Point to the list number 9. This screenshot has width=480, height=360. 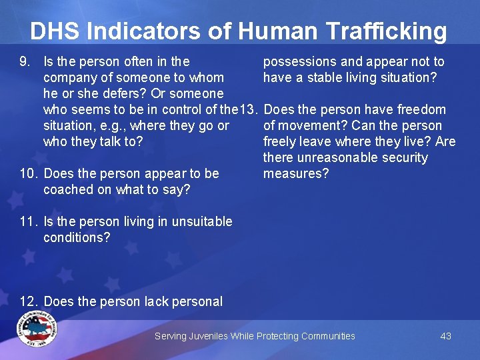click(x=26, y=62)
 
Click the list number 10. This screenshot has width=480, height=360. click(x=29, y=174)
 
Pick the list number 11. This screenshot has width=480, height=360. click(x=29, y=222)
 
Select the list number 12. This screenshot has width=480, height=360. click(x=29, y=302)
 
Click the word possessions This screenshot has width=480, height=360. click(x=300, y=62)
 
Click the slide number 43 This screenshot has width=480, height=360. click(x=446, y=336)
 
